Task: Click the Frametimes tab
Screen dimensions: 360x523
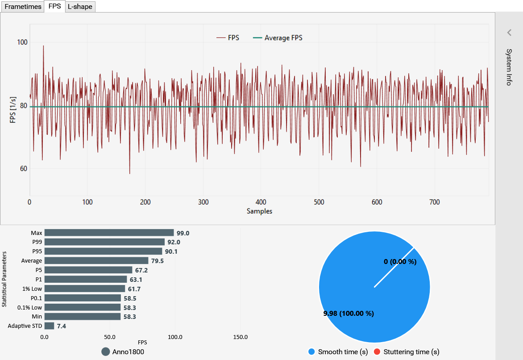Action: click(23, 7)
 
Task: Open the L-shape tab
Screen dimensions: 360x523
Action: click(80, 7)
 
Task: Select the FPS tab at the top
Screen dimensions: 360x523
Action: click(55, 7)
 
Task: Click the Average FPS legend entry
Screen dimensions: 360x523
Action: click(283, 38)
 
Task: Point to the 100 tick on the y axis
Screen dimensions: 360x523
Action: click(22, 42)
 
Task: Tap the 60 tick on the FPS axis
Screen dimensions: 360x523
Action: click(22, 169)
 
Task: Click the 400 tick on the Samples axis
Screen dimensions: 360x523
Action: click(261, 202)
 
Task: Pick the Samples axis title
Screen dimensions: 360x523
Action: click(259, 211)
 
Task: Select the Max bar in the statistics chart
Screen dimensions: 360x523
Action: click(109, 233)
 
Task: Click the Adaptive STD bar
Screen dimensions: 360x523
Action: click(50, 326)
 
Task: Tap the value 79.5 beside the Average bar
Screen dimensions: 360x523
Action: click(157, 261)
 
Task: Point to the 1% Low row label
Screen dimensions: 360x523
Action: click(32, 289)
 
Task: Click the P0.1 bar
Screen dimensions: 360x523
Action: click(83, 298)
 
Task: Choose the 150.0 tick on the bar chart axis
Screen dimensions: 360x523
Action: click(241, 337)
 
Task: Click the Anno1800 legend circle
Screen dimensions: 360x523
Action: click(106, 352)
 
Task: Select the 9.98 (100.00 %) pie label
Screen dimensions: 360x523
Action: click(349, 314)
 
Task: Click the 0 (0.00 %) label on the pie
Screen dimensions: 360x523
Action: click(400, 262)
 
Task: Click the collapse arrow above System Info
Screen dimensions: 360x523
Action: click(509, 32)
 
